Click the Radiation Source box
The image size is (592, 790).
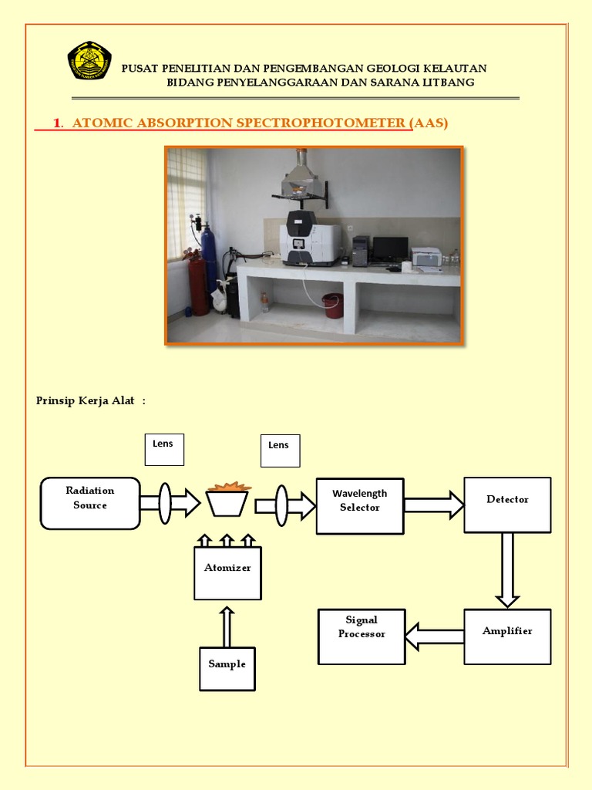click(x=90, y=503)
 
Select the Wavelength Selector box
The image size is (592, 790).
click(x=360, y=505)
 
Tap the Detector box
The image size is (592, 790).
click(x=507, y=505)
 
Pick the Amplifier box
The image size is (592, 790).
click(x=507, y=636)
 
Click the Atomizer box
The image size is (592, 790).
click(x=227, y=573)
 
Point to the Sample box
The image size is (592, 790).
click(x=227, y=669)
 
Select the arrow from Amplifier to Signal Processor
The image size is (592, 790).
click(x=434, y=636)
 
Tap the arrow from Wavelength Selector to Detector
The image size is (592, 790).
click(x=434, y=505)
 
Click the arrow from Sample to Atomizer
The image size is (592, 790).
click(x=227, y=626)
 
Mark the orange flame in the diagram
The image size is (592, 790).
click(x=228, y=487)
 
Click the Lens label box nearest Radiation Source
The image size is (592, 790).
click(x=164, y=449)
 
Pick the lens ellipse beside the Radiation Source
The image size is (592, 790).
click(x=165, y=504)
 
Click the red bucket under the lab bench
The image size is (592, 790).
click(x=333, y=306)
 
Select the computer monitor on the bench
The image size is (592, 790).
click(x=390, y=248)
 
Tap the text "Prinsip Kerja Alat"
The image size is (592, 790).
click(x=86, y=400)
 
